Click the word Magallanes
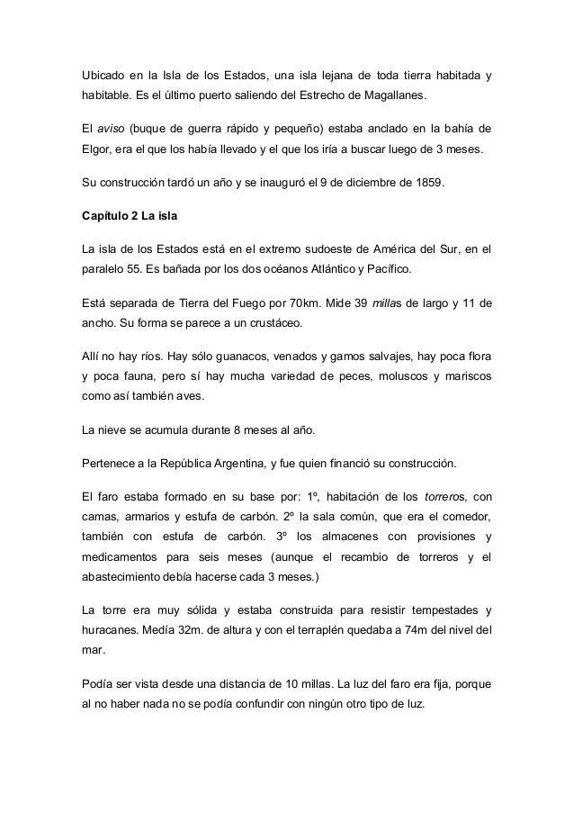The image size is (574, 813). (x=393, y=95)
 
